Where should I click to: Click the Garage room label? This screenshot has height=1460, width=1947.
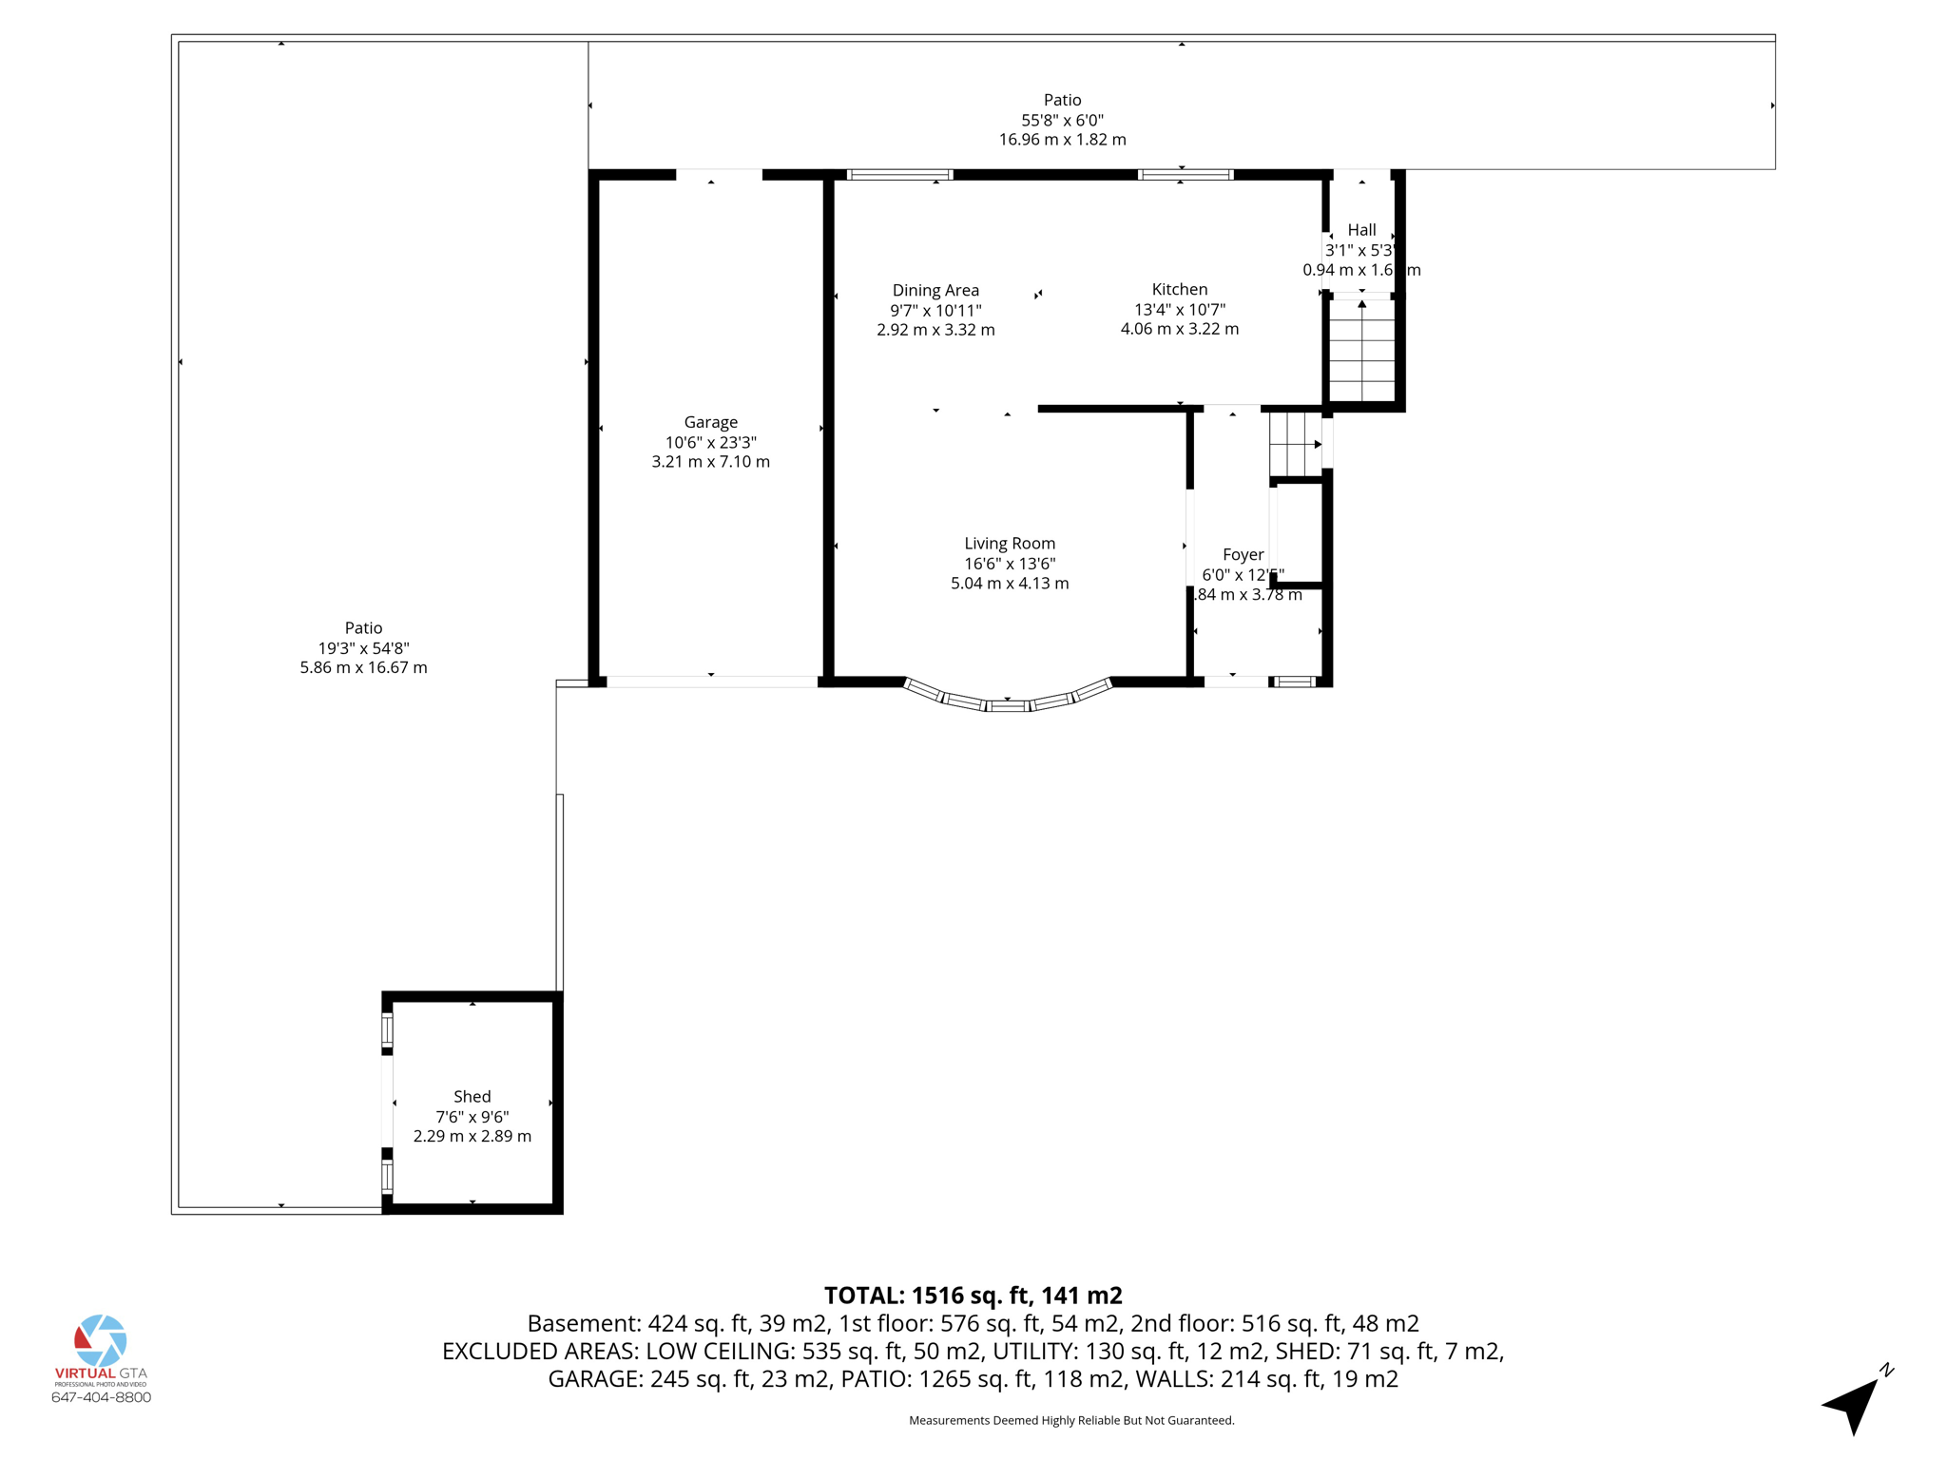tap(710, 422)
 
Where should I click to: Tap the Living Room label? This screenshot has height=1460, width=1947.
tap(1009, 543)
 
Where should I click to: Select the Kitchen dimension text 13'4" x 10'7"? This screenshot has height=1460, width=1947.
tap(1179, 309)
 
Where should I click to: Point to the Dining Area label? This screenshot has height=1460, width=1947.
tap(935, 290)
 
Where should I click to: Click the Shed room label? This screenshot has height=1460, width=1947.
tap(472, 1096)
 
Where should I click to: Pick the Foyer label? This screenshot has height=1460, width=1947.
tap(1243, 554)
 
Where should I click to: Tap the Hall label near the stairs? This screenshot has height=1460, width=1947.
tap(1361, 230)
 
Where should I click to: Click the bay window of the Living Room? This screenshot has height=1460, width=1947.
tap(1008, 701)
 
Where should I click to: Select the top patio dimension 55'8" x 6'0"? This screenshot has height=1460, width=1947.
tap(1062, 120)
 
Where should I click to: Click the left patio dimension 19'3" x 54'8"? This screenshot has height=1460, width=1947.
tap(363, 648)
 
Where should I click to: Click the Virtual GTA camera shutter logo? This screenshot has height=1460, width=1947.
tap(101, 1340)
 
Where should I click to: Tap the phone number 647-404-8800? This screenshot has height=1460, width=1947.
tap(101, 1397)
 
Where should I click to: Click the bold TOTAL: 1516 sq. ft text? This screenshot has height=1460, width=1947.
tap(973, 1296)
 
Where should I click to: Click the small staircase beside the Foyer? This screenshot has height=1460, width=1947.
tap(1295, 444)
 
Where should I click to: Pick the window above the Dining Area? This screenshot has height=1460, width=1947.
tap(899, 175)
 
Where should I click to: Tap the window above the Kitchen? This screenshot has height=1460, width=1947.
tap(1185, 175)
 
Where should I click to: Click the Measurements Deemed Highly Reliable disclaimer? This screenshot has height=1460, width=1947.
tap(1071, 1420)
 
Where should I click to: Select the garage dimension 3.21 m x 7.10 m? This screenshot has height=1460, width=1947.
tap(710, 462)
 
